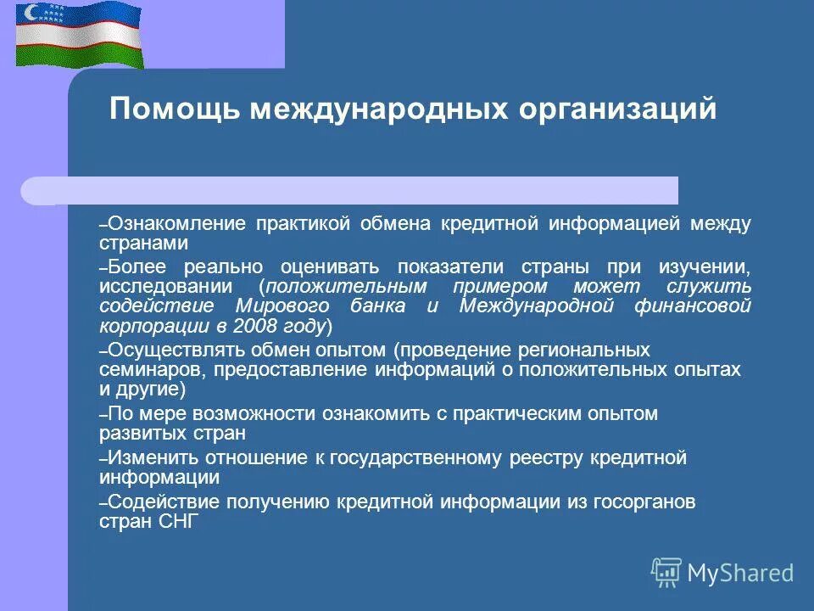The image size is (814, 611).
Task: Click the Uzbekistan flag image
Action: pos(80,35)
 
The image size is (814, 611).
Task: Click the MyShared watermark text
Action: pos(740,573)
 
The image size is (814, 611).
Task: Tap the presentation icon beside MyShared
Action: pos(666,572)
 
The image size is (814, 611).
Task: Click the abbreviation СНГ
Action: pos(178,522)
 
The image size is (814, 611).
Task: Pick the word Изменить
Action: pos(148,458)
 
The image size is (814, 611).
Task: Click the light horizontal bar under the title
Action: pos(348,191)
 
